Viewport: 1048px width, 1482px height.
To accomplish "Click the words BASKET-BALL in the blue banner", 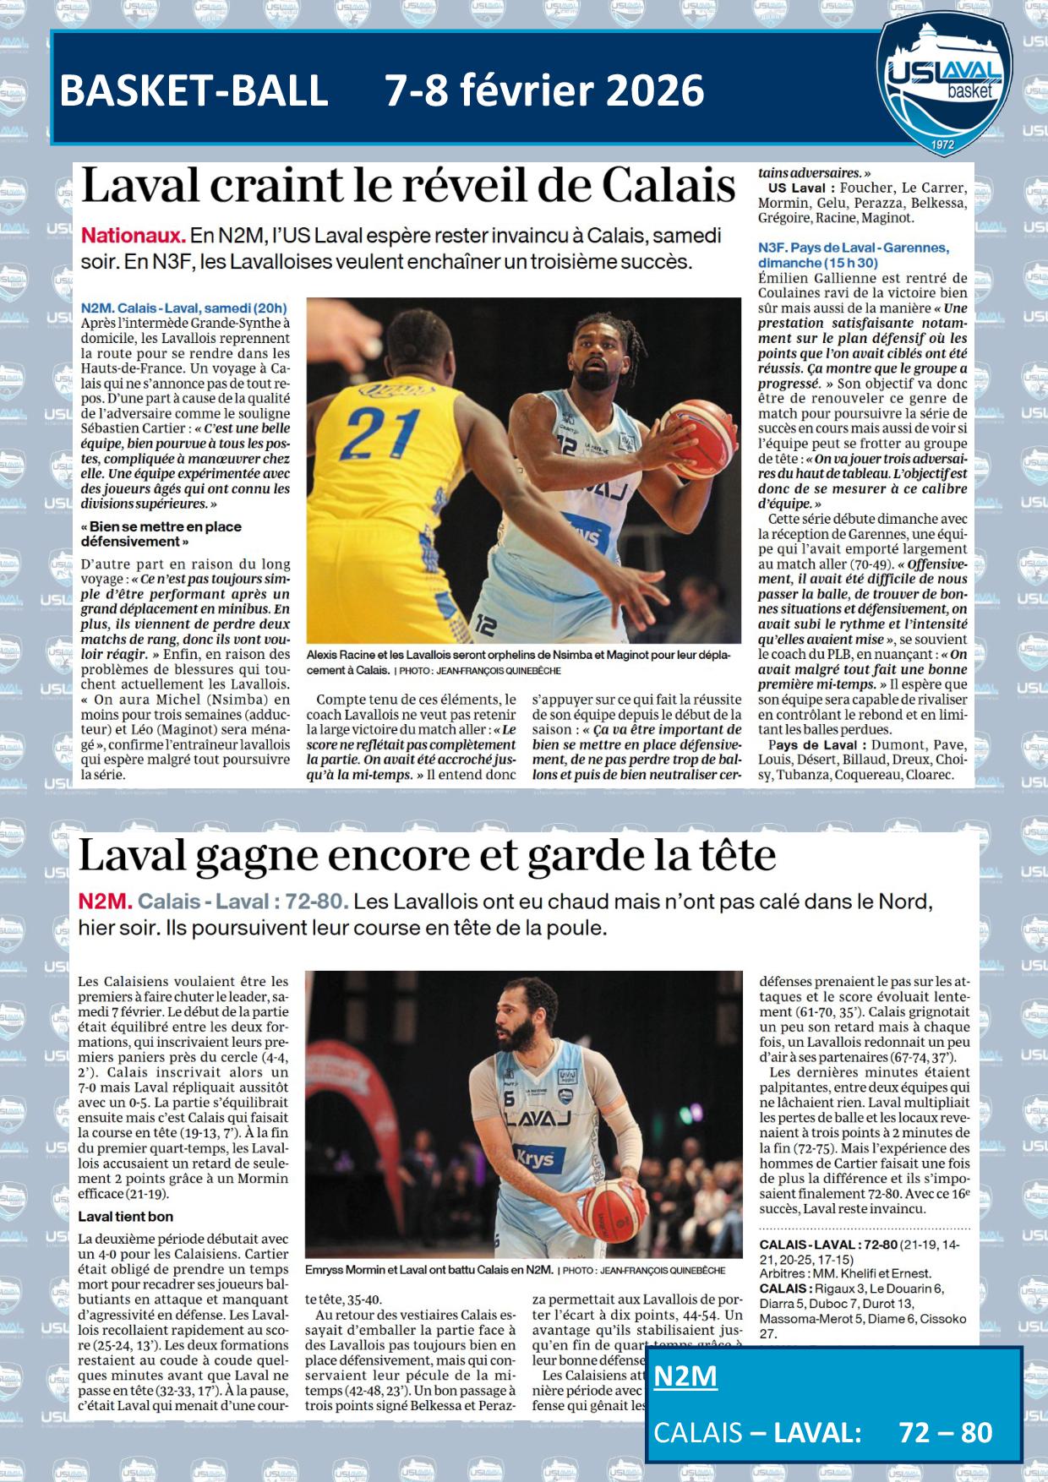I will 194,90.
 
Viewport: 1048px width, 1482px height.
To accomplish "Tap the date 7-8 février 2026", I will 544,90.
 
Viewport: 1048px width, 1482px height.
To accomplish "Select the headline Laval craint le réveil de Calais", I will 407,185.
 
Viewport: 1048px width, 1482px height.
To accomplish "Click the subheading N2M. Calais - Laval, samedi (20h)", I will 183,308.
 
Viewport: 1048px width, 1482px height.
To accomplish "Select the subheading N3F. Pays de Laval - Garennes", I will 853,248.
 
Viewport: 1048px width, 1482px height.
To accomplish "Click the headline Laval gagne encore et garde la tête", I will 427,856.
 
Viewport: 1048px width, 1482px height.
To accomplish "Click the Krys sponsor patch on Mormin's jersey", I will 534,1158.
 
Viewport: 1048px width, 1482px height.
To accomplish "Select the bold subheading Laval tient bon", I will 125,1217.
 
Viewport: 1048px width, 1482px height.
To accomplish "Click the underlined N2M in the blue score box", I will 685,1376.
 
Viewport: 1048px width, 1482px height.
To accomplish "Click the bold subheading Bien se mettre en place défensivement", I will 161,534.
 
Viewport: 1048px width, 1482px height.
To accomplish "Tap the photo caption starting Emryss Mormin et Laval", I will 429,1270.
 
